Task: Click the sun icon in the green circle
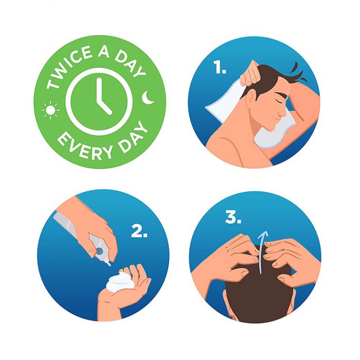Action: pos(50,110)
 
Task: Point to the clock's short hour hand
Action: pos(104,107)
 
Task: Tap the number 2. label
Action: pos(139,231)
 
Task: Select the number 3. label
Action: pos(233,217)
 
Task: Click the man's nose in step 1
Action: pos(284,112)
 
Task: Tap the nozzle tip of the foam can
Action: pos(109,264)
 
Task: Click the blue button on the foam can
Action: pos(100,251)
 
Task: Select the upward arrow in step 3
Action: pos(262,252)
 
